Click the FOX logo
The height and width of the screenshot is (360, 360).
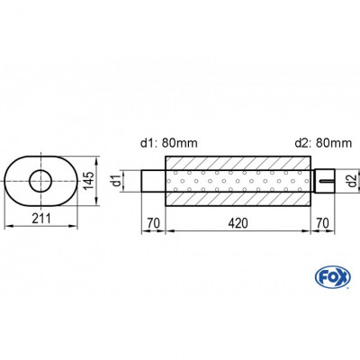click(x=329, y=274)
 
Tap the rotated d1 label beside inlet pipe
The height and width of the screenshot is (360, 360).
click(x=127, y=181)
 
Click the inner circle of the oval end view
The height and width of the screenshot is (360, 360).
click(x=40, y=182)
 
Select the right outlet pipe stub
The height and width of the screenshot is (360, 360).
click(x=323, y=181)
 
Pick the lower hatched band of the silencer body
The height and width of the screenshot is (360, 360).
click(x=238, y=202)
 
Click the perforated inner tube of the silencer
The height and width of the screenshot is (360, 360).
click(x=238, y=182)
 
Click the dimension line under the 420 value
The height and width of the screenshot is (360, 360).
click(x=238, y=230)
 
